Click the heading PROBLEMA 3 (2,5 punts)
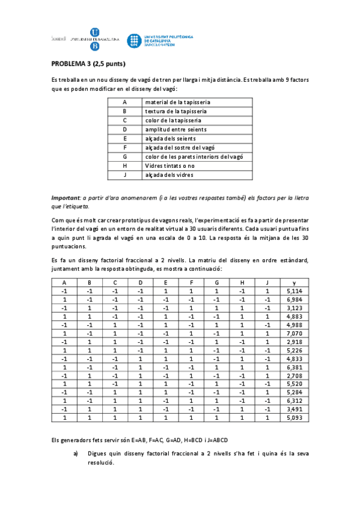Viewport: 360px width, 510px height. tap(88, 63)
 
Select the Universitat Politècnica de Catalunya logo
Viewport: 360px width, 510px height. tap(160, 40)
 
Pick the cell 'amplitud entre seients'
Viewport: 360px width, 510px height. tap(175, 129)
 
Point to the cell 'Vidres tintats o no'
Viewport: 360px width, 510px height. tap(170, 165)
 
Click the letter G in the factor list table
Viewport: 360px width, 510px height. tap(124, 156)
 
